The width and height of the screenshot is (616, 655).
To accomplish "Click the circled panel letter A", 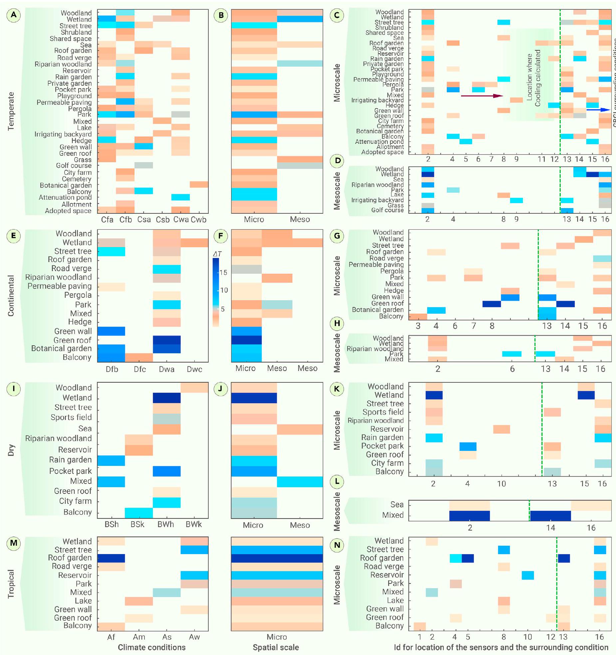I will (13, 15).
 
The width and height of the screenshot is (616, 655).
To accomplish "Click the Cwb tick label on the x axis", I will (198, 220).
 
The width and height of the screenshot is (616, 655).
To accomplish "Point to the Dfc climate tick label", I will (140, 369).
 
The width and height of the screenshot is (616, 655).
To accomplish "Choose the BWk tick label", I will (194, 524).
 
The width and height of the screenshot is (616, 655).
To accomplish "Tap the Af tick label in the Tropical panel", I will (111, 637).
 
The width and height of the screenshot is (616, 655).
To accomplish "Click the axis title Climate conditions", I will (152, 647).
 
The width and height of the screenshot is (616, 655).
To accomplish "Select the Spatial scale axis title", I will (276, 647).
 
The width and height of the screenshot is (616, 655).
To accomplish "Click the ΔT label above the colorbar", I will (217, 254).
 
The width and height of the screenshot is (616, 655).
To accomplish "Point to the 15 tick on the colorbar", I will (223, 272).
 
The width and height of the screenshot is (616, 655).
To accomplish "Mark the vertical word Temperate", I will (11, 111).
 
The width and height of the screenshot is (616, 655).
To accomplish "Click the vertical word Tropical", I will (11, 584).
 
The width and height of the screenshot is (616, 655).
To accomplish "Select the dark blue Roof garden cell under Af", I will (111, 558).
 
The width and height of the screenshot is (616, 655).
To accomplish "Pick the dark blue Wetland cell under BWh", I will (166, 398).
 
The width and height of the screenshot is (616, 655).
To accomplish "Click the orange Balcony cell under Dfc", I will (139, 357).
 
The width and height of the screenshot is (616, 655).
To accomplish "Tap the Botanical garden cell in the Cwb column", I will (199, 184).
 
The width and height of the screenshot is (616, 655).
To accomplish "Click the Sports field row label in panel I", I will (71, 417).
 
